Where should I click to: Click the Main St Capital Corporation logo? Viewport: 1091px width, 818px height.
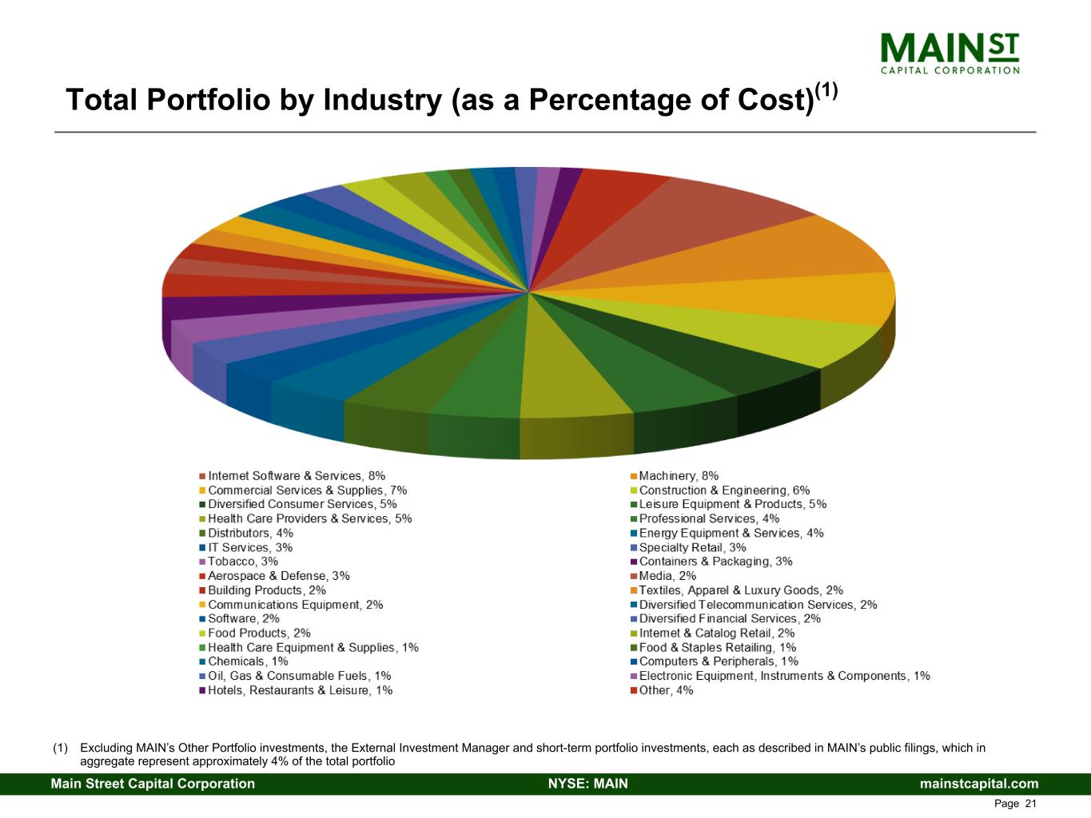click(x=950, y=53)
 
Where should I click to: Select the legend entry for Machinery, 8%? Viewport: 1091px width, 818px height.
click(x=678, y=476)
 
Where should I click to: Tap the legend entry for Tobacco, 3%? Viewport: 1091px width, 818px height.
click(x=243, y=562)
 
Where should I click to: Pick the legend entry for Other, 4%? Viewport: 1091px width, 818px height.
click(x=666, y=690)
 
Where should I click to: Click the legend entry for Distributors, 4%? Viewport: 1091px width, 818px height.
click(x=250, y=533)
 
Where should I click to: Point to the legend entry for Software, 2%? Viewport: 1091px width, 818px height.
click(x=244, y=618)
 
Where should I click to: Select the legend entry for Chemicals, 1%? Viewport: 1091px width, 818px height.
click(x=248, y=661)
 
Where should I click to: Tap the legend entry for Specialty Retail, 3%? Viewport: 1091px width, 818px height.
click(x=692, y=547)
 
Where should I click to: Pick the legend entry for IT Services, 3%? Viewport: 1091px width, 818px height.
click(x=250, y=547)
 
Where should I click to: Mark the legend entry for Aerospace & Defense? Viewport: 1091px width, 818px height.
click(x=278, y=576)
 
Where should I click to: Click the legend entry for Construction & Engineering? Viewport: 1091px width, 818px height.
click(x=724, y=490)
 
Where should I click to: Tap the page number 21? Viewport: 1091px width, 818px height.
click(x=1029, y=804)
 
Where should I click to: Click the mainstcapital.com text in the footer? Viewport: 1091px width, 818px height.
click(x=979, y=784)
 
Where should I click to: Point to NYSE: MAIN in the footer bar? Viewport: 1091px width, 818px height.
click(x=587, y=784)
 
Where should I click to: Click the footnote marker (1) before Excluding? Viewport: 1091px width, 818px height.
click(x=60, y=749)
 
